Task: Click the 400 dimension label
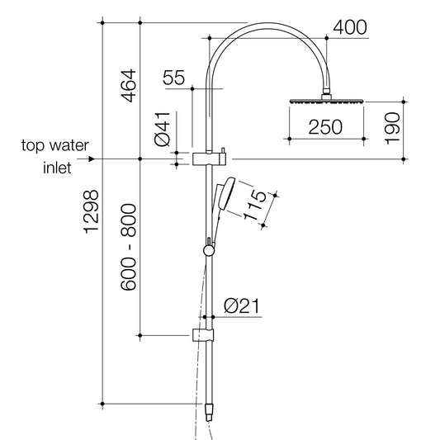349,27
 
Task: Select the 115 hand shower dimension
256,206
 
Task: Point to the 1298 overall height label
91,211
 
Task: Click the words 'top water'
55,146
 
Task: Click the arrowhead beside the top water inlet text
91,158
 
